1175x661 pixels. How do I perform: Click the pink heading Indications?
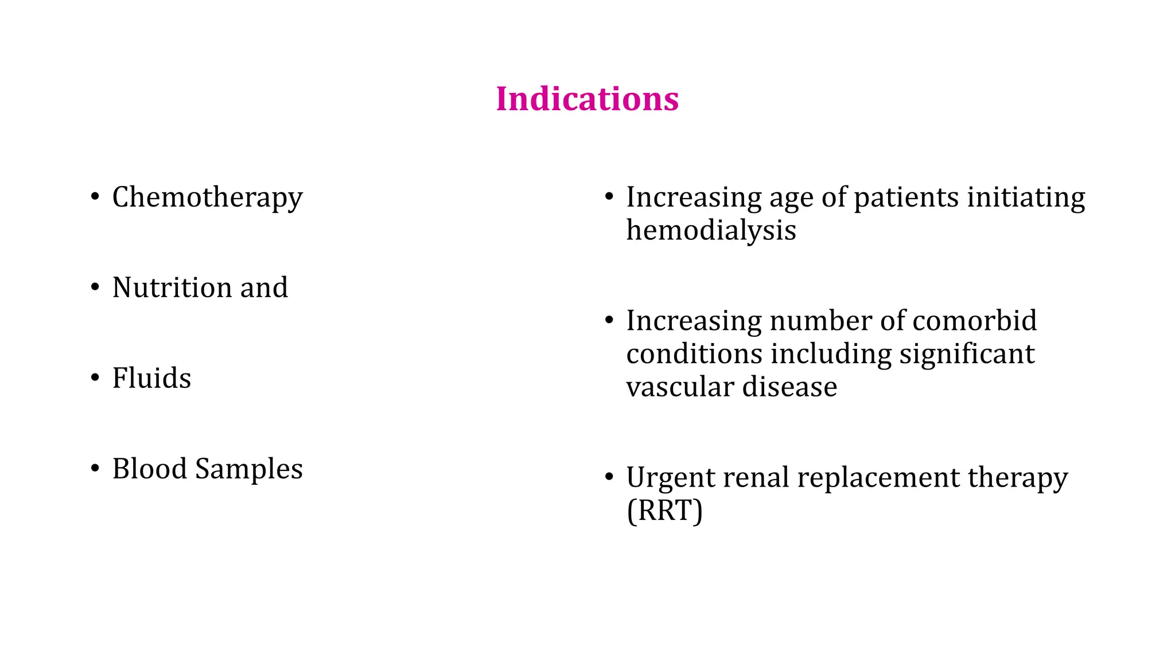[587, 99]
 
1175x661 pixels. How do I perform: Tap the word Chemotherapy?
[207, 198]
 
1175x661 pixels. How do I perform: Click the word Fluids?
[151, 378]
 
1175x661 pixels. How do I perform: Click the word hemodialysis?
[711, 231]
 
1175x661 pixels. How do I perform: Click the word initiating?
[1026, 198]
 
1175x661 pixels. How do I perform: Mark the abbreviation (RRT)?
[664, 511]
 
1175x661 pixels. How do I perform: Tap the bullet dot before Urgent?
[609, 477]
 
